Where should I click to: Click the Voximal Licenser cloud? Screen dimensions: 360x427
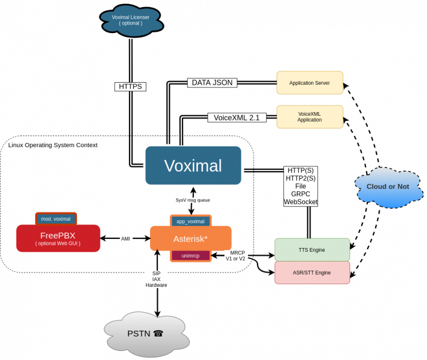131,21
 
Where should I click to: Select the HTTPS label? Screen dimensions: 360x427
130,86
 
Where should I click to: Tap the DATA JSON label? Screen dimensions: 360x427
212,83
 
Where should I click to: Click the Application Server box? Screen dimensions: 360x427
310,83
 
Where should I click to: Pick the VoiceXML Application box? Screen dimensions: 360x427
310,116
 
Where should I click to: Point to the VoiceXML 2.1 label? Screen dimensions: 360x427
236,117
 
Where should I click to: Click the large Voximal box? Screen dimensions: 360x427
193,165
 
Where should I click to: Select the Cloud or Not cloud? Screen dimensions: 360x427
388,187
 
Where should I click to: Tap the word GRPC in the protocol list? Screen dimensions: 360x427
301,194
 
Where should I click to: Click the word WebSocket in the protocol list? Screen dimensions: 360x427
301,202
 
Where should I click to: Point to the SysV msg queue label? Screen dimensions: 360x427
193,200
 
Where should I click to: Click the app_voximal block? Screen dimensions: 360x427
191,221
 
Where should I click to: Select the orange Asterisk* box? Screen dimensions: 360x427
191,238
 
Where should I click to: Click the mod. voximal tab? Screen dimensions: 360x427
56,219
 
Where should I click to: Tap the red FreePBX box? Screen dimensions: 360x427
58,238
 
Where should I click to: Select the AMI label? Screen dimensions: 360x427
125,239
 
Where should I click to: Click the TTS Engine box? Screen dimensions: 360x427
312,250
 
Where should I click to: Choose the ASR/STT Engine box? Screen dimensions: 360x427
312,273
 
